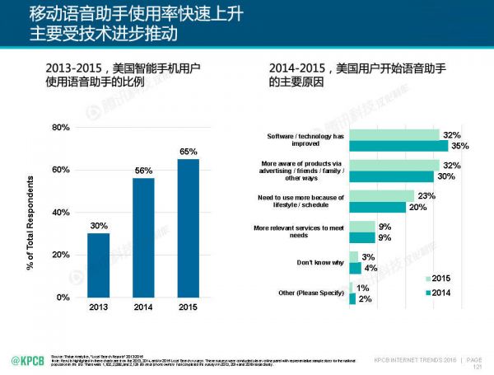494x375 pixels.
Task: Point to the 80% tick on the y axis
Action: point(61,128)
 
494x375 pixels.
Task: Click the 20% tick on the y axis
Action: point(61,255)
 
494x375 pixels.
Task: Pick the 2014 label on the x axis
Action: point(143,307)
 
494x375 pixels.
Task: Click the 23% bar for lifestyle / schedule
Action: point(381,196)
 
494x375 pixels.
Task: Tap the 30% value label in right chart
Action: point(448,176)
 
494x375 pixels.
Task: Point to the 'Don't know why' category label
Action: point(319,263)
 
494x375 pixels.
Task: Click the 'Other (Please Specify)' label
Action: point(310,293)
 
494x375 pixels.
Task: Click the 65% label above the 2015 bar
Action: point(189,152)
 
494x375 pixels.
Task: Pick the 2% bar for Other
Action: point(352,299)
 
